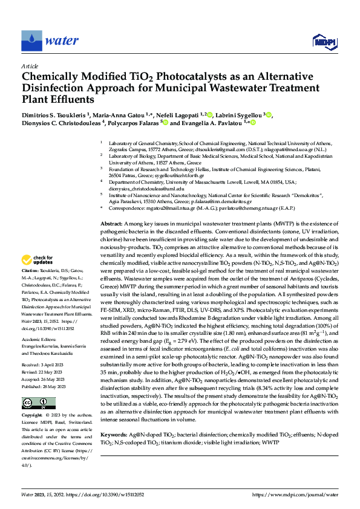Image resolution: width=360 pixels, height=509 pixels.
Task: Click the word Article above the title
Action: coord(30,66)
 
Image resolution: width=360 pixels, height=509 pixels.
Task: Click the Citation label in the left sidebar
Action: coord(31,271)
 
